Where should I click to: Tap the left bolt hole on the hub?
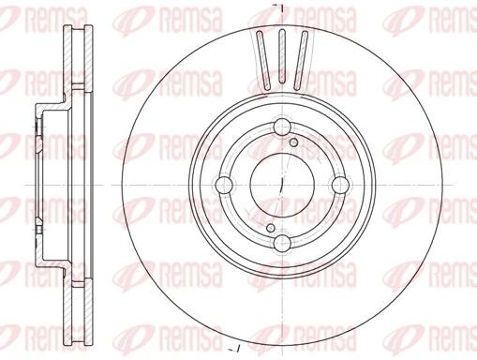pos(225,187)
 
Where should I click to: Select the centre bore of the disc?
pos(282,187)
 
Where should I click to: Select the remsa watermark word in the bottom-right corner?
pos(450,341)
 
